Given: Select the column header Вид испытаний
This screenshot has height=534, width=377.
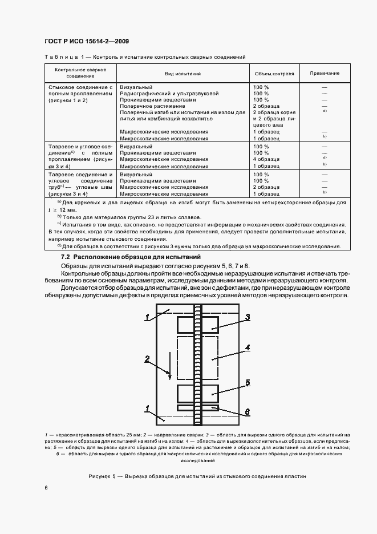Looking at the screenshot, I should click(x=183, y=74).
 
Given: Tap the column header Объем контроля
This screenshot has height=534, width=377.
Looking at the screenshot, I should click(x=274, y=74).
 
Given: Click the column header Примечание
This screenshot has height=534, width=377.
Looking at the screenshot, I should click(x=325, y=74).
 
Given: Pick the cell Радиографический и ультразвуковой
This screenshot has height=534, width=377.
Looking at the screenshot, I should click(x=169, y=93).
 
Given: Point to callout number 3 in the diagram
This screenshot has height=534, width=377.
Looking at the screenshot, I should click(x=248, y=317).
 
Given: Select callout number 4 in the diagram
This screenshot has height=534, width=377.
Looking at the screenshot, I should click(x=248, y=347).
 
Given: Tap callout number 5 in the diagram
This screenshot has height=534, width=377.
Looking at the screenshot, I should click(x=248, y=383).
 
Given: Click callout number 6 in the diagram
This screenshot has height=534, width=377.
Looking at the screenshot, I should click(x=248, y=411).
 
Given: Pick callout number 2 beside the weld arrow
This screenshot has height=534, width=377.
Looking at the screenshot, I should click(x=147, y=359).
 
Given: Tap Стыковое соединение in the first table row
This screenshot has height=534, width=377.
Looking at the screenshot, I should click(x=80, y=87).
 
